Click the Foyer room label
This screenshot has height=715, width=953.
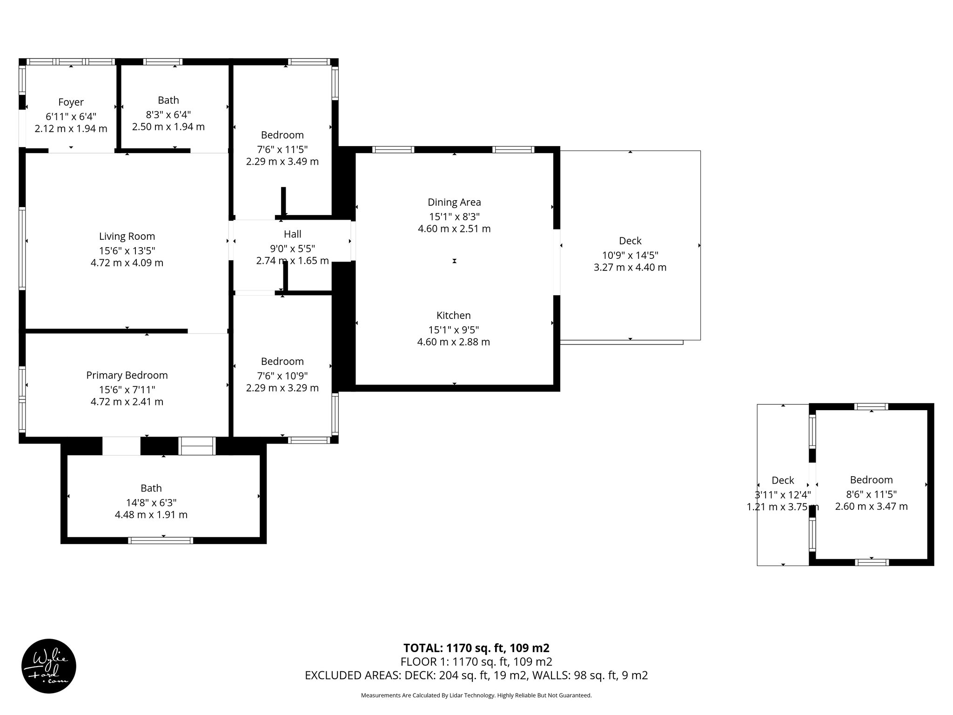[71, 102]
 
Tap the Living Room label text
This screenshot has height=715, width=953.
[127, 236]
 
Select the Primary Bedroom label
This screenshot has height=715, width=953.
[127, 375]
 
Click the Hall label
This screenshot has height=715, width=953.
[292, 234]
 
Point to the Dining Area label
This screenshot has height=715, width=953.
[454, 202]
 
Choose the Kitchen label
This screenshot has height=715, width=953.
[453, 315]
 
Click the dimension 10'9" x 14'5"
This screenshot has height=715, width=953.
[630, 255]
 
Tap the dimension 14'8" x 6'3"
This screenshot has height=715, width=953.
[151, 503]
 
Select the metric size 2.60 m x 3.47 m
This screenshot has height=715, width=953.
[871, 506]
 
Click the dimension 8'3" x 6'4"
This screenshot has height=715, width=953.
[168, 115]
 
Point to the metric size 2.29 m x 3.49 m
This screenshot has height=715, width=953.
[282, 162]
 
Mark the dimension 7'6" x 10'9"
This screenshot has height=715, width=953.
[282, 376]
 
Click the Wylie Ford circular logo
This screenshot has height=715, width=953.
[49, 666]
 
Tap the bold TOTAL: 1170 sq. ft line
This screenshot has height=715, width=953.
[476, 648]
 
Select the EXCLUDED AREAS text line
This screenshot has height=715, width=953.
[476, 675]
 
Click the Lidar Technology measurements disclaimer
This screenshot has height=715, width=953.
[476, 695]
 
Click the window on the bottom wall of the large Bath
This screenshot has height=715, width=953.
[161, 540]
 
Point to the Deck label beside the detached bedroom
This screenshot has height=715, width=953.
[783, 480]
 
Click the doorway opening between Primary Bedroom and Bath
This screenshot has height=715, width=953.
[121, 446]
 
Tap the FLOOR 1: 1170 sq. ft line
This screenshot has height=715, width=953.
[476, 661]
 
